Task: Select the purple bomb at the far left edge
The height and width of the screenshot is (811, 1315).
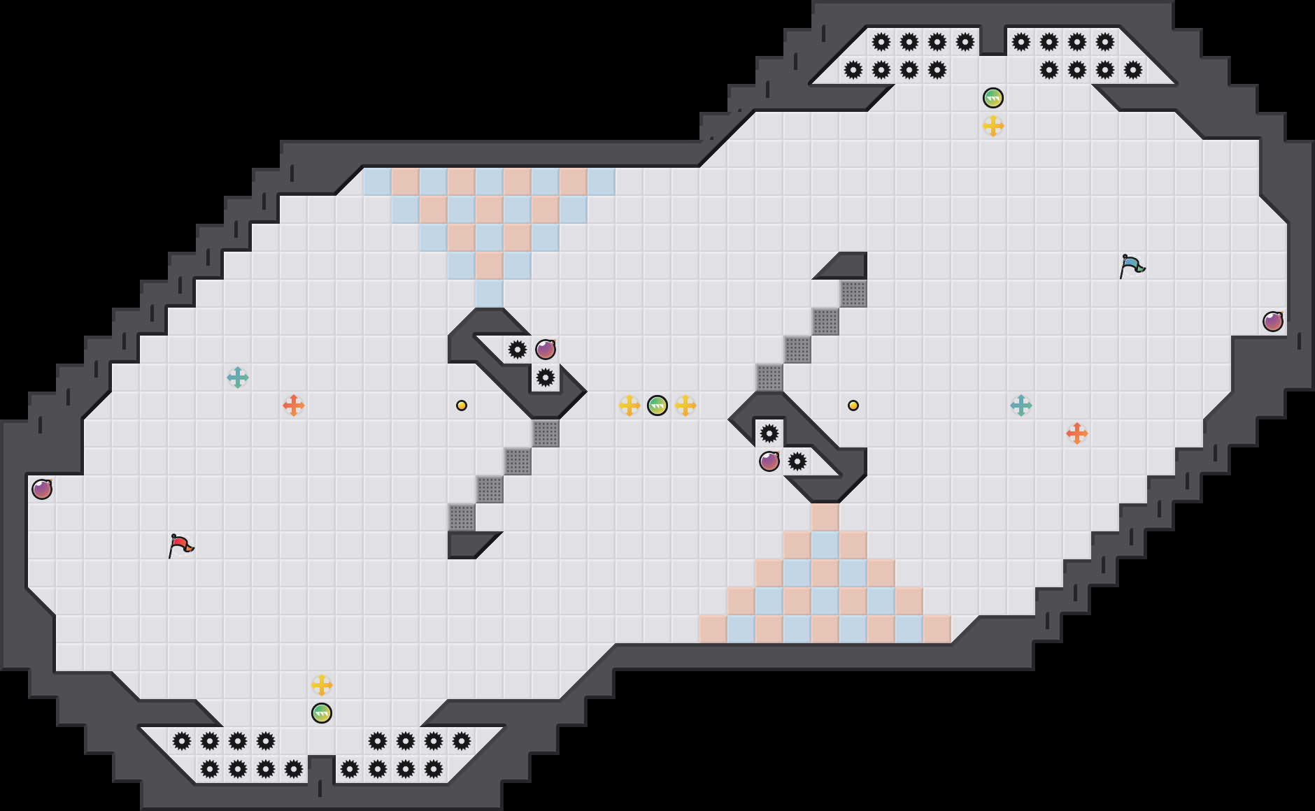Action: click(42, 489)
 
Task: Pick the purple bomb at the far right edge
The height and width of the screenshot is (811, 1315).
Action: click(1273, 322)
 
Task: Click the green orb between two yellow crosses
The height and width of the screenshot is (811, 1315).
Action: click(657, 405)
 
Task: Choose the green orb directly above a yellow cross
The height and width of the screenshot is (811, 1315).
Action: click(993, 98)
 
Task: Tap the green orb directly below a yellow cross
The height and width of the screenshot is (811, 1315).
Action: click(322, 713)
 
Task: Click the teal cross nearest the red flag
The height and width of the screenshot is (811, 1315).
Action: click(238, 378)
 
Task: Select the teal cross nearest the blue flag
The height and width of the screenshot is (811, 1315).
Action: click(1021, 405)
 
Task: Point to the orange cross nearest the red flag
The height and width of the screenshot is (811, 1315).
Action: click(294, 405)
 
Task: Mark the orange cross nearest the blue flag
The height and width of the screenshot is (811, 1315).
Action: click(1077, 433)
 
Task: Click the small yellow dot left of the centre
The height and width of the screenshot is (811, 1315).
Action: click(462, 405)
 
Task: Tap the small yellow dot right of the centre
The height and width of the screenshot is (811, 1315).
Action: click(853, 405)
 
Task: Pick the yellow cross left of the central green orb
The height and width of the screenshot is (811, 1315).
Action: click(630, 405)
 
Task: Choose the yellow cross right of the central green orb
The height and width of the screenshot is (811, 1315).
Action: click(685, 405)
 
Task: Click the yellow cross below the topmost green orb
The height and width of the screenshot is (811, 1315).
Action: click(993, 126)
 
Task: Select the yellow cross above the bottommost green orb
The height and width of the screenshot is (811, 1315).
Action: click(322, 685)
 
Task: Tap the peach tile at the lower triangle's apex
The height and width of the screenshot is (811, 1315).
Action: click(825, 517)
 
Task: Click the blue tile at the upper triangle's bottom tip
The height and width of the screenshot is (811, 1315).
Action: click(490, 294)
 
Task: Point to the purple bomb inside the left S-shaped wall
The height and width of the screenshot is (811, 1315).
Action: click(546, 350)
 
